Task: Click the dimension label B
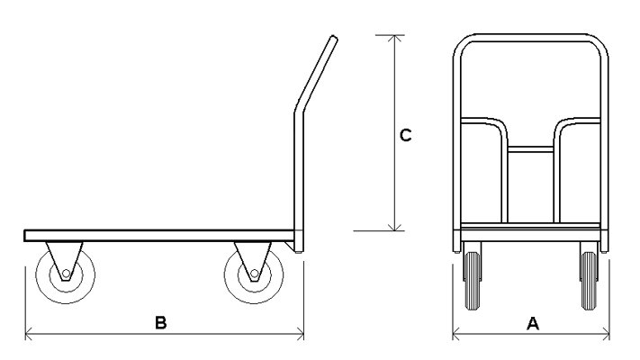[161, 322]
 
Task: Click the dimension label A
[533, 323]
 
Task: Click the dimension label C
[405, 135]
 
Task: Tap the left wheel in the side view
[66, 274]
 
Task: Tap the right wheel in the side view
[254, 274]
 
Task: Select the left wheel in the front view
[473, 281]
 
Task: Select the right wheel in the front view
[589, 281]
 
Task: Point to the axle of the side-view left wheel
[66, 274]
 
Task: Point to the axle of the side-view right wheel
[254, 274]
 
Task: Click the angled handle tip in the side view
[334, 39]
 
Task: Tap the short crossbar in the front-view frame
[530, 149]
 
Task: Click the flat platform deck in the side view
[159, 236]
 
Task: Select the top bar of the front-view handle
[530, 38]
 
